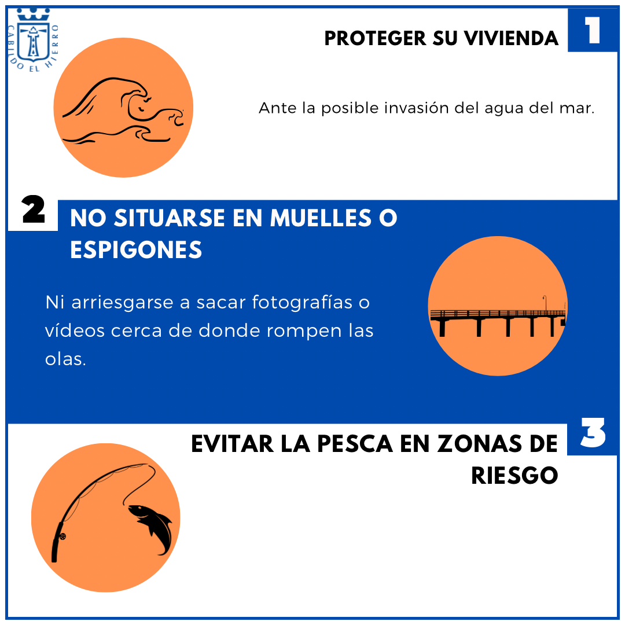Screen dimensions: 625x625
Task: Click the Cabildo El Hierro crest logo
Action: [34, 39]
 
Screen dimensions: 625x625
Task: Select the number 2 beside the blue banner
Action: [34, 211]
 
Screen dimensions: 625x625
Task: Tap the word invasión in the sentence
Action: [416, 108]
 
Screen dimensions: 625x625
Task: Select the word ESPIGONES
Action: [136, 250]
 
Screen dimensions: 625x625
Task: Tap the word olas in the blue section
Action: [65, 359]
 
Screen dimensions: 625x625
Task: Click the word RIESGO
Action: [514, 476]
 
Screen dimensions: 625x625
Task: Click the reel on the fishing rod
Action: [62, 536]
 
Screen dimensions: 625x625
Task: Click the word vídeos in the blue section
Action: [75, 331]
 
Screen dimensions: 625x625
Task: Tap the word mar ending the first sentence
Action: [580, 108]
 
